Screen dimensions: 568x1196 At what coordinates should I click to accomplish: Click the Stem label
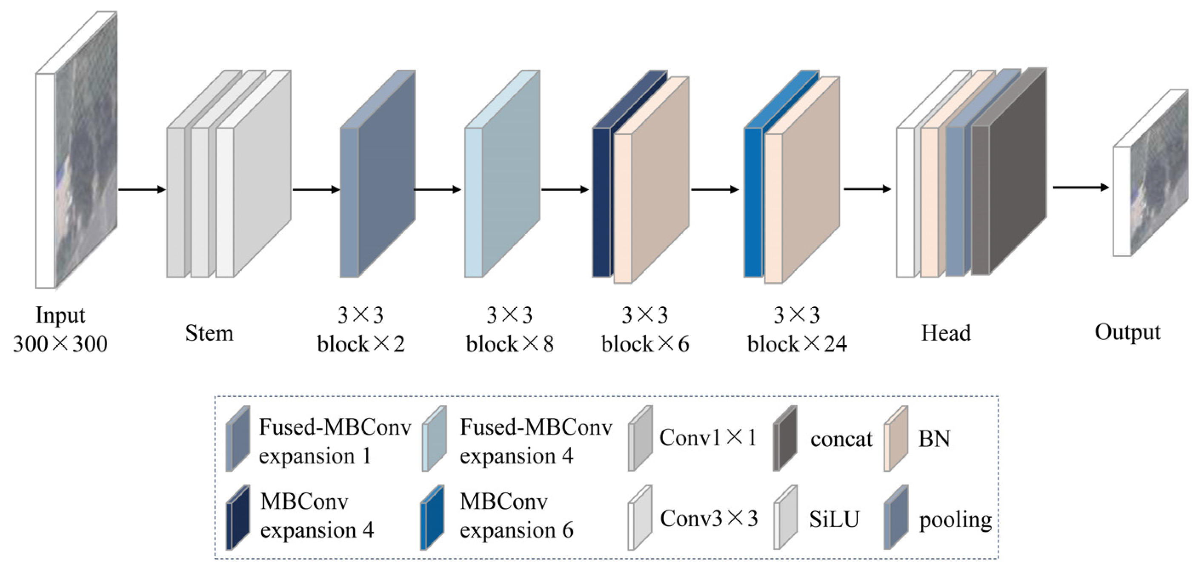209,333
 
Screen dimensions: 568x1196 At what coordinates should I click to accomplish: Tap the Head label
946,333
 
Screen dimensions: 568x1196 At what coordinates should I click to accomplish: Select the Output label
1127,333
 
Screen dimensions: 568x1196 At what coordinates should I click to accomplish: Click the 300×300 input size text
60,344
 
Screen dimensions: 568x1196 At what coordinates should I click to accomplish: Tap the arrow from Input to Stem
142,189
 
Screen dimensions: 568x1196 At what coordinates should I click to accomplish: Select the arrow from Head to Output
1080,188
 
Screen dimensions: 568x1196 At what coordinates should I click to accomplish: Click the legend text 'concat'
841,439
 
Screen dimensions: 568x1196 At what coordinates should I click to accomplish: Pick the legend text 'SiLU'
834,519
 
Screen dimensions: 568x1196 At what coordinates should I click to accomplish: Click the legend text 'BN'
934,439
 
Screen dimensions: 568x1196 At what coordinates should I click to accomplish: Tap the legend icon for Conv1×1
640,439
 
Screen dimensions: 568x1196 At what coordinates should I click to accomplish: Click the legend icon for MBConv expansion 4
238,518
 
